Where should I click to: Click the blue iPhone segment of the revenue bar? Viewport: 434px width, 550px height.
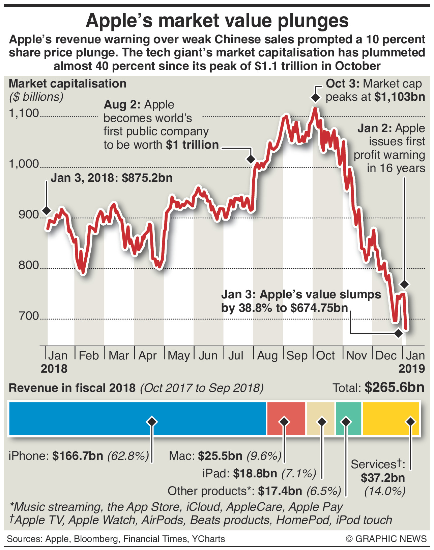tap(101, 418)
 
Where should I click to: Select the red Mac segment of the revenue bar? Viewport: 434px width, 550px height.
tap(286, 418)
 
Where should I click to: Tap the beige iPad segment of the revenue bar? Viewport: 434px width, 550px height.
tap(320, 418)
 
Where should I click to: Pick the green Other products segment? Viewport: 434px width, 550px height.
tap(349, 418)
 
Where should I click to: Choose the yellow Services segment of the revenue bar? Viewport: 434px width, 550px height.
tap(390, 418)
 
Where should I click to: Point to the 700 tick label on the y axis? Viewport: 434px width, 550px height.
tap(29, 316)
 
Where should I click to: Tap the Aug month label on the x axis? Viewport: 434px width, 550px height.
tap(267, 356)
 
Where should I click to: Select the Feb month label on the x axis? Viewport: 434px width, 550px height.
tap(89, 356)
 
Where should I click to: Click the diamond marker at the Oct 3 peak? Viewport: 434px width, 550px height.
tap(315, 98)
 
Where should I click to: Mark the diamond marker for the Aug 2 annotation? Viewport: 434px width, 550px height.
tap(251, 159)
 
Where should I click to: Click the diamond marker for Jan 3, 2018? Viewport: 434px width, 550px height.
tap(46, 211)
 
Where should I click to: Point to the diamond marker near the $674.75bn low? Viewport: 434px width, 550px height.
tap(399, 333)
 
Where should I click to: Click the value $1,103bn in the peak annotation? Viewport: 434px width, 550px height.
tap(400, 97)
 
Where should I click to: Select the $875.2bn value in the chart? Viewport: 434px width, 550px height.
tap(147, 178)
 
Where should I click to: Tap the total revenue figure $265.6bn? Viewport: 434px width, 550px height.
tap(395, 387)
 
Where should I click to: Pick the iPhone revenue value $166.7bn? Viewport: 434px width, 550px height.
tap(78, 456)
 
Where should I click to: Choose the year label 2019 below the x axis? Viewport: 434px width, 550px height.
tap(411, 369)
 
